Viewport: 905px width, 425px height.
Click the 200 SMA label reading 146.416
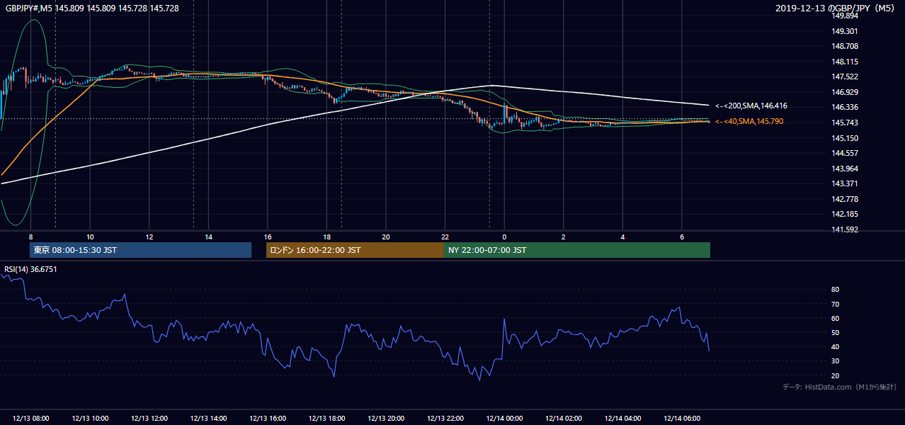751,106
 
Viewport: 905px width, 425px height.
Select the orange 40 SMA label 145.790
749,121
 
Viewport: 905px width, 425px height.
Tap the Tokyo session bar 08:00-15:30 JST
140,250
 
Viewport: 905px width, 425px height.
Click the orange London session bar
355,250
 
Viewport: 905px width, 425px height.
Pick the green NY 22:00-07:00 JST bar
577,250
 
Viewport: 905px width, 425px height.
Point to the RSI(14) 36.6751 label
30,269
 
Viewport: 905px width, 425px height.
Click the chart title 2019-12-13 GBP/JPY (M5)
835,8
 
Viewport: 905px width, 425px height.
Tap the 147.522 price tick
845,76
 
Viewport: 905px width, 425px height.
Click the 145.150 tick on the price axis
845,138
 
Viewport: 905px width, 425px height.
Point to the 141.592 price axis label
845,229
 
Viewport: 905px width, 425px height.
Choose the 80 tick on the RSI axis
835,289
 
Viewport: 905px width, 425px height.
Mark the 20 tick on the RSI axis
835,375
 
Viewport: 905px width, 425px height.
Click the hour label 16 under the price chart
268,237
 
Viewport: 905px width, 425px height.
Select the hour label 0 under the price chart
504,237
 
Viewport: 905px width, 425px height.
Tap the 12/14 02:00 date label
564,419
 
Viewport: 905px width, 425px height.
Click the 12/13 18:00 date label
327,419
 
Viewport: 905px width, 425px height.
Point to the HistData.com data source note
840,387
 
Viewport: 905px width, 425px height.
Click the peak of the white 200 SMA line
491,85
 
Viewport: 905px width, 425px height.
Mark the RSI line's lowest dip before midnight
479,380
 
